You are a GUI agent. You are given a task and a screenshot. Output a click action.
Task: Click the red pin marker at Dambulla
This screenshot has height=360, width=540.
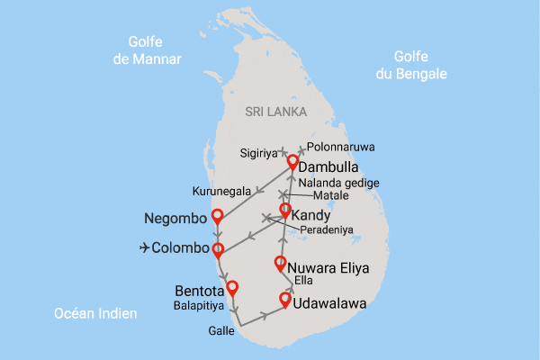point(292,162)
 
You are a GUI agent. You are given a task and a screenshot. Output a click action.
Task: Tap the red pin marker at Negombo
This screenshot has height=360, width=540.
point(216,215)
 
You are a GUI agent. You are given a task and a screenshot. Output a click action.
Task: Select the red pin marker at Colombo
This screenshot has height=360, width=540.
point(217,247)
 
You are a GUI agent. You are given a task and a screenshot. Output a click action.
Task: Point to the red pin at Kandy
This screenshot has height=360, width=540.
point(285,211)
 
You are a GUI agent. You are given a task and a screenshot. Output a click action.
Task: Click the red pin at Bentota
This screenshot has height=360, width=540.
point(232,288)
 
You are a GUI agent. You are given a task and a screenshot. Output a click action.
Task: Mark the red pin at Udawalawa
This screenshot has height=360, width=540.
point(286,299)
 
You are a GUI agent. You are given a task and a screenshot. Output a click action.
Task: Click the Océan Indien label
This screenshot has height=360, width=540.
point(95,313)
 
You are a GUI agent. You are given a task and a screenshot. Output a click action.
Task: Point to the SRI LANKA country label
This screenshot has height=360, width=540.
point(276,112)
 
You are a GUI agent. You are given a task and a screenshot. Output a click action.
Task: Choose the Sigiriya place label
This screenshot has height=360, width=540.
point(259,152)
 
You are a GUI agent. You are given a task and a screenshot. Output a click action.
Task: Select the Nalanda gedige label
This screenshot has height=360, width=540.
point(339,183)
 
